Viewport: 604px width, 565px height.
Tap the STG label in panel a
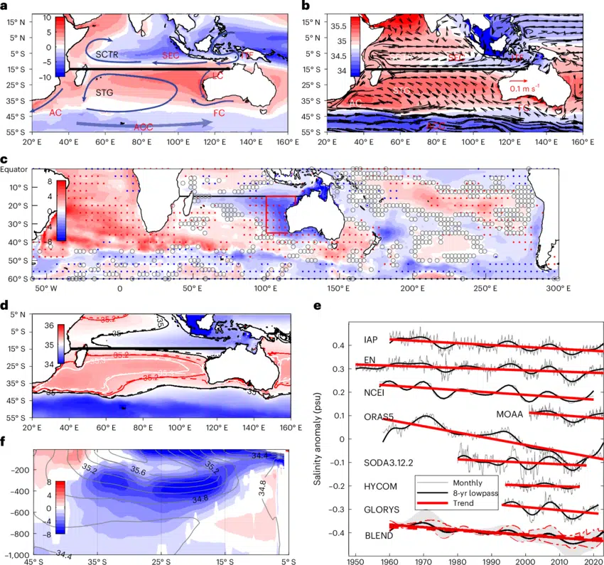point(106,92)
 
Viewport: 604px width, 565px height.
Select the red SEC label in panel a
point(172,55)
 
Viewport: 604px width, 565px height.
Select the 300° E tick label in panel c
point(559,289)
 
